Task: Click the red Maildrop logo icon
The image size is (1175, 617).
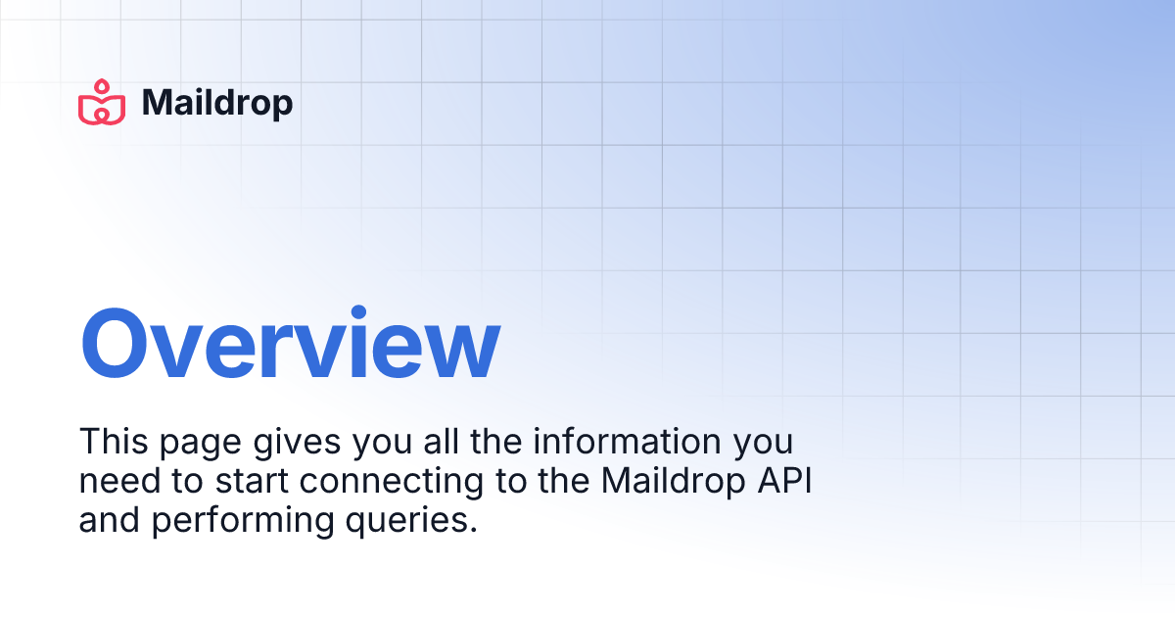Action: (103, 103)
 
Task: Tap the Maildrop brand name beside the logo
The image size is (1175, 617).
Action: (217, 103)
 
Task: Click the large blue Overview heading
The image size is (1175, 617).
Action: (290, 346)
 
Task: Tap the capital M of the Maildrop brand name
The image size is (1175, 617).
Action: (158, 103)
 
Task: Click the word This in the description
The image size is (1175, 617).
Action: (111, 442)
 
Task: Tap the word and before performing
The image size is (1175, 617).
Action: (110, 521)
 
